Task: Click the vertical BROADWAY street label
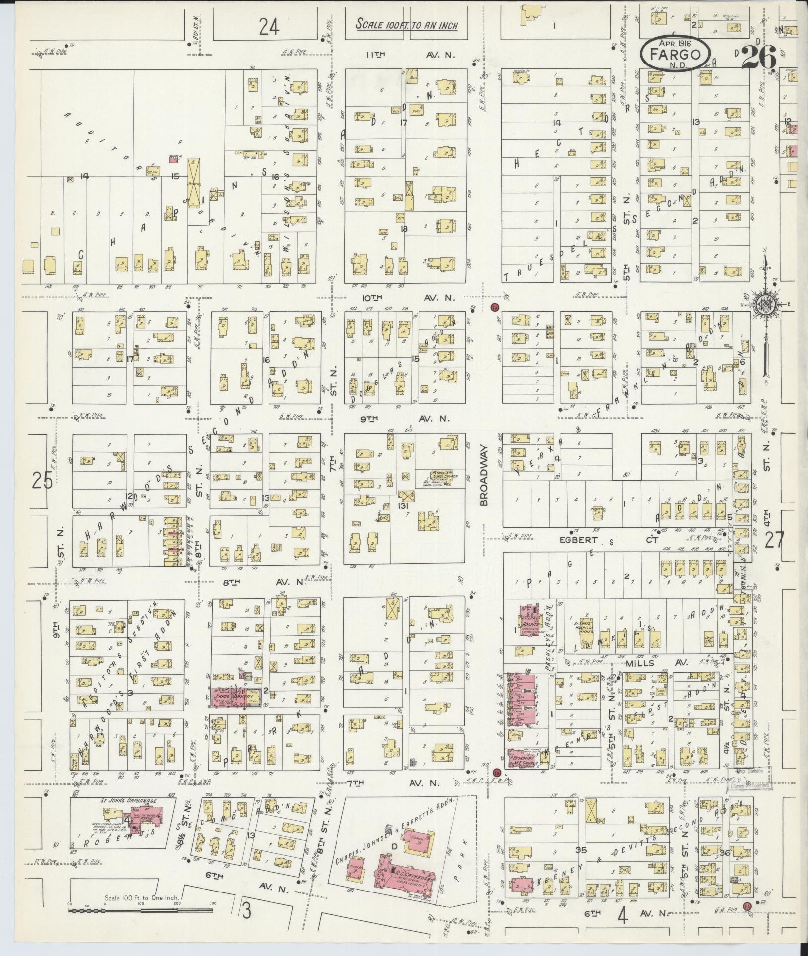pos(485,474)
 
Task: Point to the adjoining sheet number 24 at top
pos(269,28)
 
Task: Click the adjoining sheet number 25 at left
pos(42,480)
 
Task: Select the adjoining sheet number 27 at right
pos(774,540)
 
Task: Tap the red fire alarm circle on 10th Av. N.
pos(494,306)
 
